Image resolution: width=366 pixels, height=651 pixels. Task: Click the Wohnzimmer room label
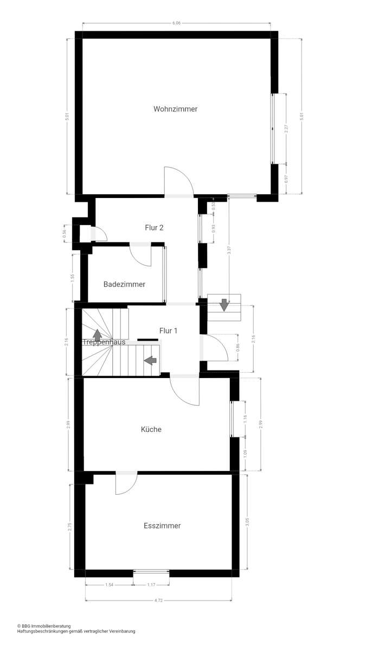[x=175, y=109]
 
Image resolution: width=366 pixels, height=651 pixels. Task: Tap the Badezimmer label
[x=124, y=284]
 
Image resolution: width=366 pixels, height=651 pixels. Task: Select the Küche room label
[x=151, y=430]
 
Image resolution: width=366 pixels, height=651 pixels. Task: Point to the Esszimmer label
[x=162, y=526]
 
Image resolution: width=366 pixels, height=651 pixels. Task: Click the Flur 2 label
[x=154, y=227]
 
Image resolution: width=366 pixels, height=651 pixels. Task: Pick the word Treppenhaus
[x=104, y=342]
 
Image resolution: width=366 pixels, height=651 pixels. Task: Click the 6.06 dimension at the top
[x=176, y=23]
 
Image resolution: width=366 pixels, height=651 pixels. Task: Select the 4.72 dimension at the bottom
[x=158, y=601]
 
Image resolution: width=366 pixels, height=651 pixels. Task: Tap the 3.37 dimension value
[x=229, y=251]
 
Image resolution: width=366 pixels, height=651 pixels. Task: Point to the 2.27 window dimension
[x=285, y=129]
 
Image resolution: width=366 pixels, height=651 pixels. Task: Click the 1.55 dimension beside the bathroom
[x=72, y=277]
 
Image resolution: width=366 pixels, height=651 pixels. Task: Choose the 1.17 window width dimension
[x=151, y=585]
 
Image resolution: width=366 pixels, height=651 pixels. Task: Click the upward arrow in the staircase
[x=97, y=335]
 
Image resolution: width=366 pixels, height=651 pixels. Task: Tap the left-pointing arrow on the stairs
[x=150, y=359]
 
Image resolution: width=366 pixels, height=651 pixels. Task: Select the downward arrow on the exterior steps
[x=224, y=305]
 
